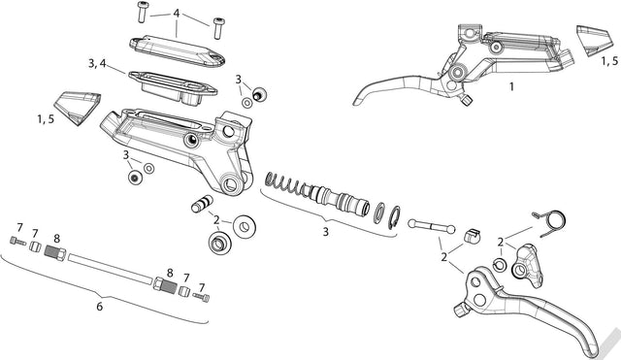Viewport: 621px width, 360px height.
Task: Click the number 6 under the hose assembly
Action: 99,306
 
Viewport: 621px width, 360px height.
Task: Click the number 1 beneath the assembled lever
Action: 511,86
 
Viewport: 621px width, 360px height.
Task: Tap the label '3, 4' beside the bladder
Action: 97,63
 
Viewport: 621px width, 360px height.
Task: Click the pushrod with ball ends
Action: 431,226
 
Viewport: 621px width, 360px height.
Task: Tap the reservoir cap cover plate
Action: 177,50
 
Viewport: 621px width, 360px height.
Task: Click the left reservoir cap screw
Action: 142,12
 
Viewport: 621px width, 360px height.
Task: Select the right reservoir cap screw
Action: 217,28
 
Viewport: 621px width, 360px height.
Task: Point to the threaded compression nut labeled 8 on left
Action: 55,252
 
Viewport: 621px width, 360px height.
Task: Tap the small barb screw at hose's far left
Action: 17,241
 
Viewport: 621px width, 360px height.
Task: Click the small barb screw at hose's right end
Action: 201,297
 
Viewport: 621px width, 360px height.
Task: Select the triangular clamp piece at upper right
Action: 592,41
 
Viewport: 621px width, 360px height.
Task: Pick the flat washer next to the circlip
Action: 379,213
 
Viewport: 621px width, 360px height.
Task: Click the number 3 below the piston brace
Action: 326,231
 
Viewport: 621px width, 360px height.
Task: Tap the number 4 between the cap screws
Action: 177,14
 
